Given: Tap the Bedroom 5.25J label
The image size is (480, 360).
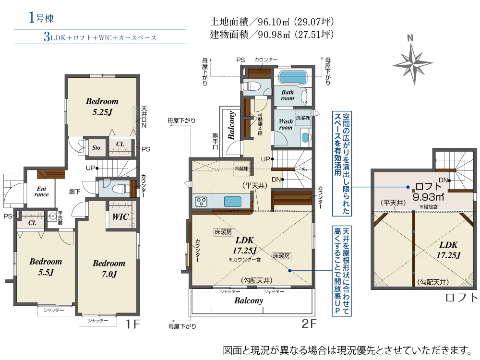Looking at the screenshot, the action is click(x=102, y=107).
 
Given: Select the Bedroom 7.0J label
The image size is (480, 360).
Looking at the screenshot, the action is click(x=109, y=268).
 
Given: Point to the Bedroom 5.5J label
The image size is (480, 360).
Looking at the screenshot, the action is click(x=46, y=266).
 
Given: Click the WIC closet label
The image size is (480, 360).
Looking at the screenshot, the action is click(x=120, y=217).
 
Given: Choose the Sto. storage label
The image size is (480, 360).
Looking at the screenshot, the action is click(x=97, y=147).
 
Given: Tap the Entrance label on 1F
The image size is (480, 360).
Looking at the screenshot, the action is click(x=42, y=192).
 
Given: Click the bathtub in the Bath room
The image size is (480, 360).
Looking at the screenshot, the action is click(x=293, y=77).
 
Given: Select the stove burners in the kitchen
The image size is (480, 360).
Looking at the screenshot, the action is click(x=202, y=202).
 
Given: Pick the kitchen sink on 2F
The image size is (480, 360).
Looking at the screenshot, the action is click(x=233, y=202).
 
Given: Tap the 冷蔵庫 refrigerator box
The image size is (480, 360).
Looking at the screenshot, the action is click(x=241, y=168).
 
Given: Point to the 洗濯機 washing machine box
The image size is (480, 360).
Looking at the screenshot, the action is click(x=303, y=118).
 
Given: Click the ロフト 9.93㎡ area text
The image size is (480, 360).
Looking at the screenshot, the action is click(x=429, y=192).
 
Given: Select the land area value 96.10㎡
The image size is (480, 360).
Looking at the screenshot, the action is click(x=274, y=22).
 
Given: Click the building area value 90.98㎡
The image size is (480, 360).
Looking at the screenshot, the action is click(x=274, y=34).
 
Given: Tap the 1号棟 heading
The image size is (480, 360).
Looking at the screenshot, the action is click(x=41, y=18).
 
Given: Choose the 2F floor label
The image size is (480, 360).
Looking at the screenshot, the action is click(x=309, y=323).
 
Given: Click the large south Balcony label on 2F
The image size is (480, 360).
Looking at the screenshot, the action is click(x=249, y=300).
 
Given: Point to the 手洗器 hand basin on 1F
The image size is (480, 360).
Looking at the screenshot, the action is click(x=52, y=217).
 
